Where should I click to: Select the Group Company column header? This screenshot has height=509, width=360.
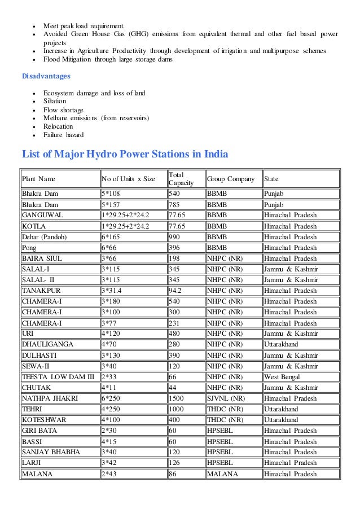pos(234,179)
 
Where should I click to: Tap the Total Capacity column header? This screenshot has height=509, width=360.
pos(181,179)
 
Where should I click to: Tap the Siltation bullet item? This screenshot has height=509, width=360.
pos(55,102)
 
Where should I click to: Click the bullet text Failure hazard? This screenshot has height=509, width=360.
pos(63,135)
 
